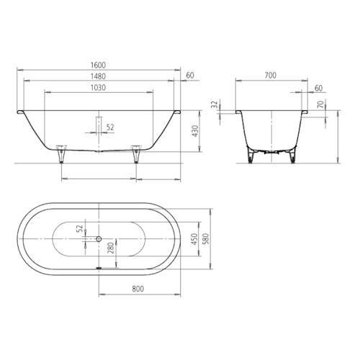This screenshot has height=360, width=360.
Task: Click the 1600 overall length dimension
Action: [x=99, y=65]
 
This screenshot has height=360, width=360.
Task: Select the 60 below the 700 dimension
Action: [x=318, y=88]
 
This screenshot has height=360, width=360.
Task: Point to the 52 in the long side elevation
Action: [x=109, y=127]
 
